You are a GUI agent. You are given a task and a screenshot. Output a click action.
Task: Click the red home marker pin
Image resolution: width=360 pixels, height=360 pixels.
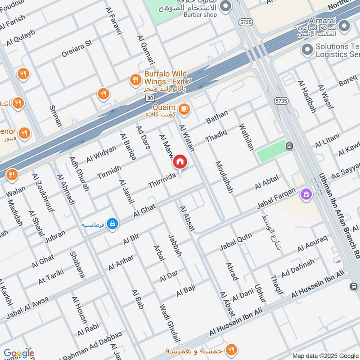click(180, 161)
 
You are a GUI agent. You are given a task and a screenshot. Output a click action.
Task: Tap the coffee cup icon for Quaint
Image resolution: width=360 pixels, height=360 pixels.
click(184, 108)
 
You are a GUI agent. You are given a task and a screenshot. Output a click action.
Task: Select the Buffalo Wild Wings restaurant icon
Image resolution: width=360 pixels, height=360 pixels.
click(135, 80)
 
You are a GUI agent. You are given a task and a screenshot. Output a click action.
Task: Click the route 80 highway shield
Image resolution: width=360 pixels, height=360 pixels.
click(150, 97)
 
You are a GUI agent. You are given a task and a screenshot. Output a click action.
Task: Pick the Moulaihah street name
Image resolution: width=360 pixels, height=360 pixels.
click(224, 177)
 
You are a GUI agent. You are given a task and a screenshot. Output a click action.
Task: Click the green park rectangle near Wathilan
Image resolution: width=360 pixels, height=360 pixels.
click(271, 152)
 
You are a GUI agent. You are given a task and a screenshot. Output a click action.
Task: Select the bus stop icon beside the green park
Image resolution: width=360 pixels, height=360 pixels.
click(289, 146)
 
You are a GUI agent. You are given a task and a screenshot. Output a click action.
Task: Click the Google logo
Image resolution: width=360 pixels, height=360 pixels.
click(18, 353)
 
